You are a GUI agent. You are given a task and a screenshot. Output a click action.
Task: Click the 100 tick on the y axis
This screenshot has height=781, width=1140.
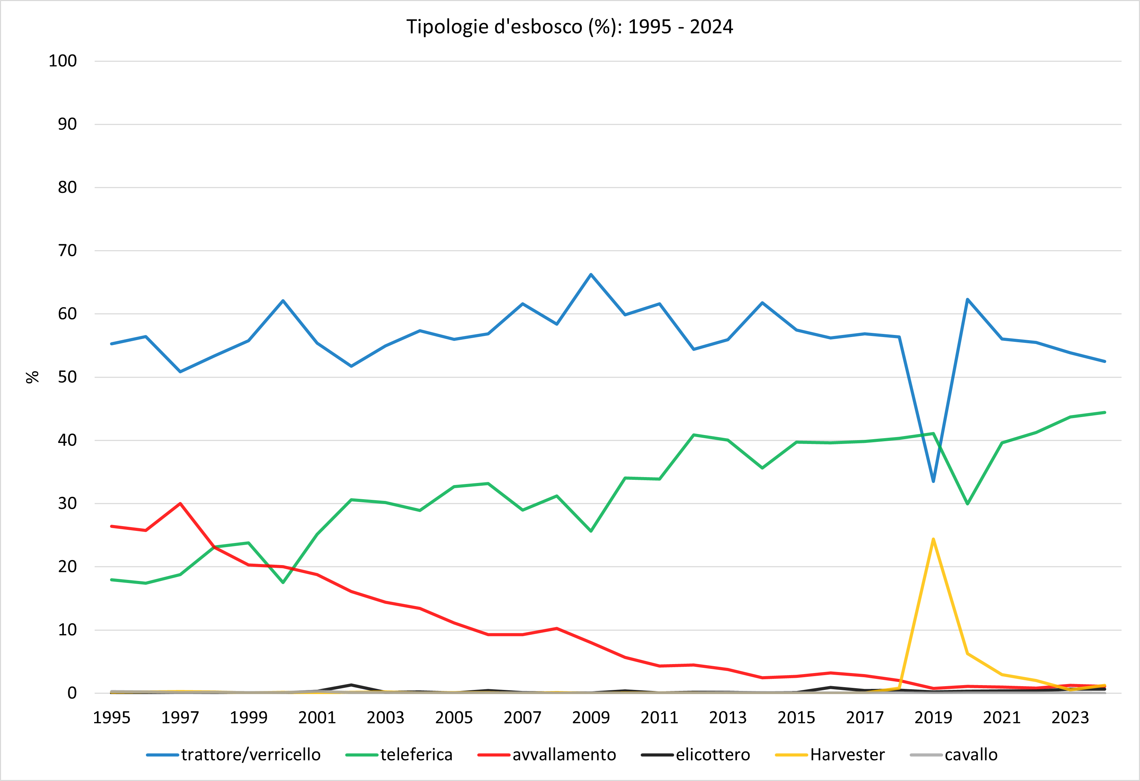pyautogui.click(x=63, y=61)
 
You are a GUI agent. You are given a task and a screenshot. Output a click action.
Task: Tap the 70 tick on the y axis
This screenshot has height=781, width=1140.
pyautogui.click(x=67, y=251)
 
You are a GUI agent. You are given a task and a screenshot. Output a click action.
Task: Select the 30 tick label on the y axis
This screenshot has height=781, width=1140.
pyautogui.click(x=67, y=503)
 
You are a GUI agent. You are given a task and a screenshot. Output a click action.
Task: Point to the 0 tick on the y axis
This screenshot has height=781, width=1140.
pyautogui.click(x=72, y=693)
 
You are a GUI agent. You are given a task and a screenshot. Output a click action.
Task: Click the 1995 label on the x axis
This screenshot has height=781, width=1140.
pyautogui.click(x=112, y=718)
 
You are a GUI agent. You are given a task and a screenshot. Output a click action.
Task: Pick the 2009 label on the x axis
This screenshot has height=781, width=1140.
pyautogui.click(x=591, y=718)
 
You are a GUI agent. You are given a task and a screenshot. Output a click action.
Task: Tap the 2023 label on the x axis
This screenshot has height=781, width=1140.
pyautogui.click(x=1070, y=718)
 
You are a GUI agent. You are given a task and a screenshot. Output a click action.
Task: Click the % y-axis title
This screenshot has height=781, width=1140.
pyautogui.click(x=32, y=377)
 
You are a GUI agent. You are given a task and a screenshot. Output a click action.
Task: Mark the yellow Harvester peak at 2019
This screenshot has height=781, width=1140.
pyautogui.click(x=933, y=539)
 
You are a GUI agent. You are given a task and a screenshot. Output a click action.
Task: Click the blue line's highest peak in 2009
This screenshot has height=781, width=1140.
pyautogui.click(x=591, y=274)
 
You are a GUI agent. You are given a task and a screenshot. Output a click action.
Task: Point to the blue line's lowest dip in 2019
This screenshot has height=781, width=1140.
pyautogui.click(x=933, y=481)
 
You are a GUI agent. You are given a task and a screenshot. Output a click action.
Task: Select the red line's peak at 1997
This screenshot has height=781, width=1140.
pyautogui.click(x=180, y=503)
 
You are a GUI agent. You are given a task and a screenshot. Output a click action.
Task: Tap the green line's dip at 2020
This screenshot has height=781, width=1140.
pyautogui.click(x=967, y=504)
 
